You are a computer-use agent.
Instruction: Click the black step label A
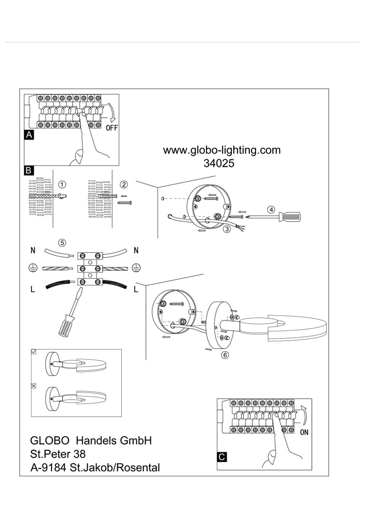pyautogui.click(x=29, y=135)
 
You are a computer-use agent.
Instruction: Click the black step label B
pyautogui.click(x=28, y=170)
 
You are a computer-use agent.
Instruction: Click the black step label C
pyautogui.click(x=222, y=457)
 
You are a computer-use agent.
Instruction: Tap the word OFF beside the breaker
pyautogui.click(x=112, y=128)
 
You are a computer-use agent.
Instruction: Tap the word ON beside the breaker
pyautogui.click(x=305, y=432)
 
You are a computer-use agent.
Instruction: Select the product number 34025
pyautogui.click(x=219, y=163)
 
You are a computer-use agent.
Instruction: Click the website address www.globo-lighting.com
pyautogui.click(x=222, y=150)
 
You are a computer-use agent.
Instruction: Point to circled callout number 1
pyautogui.click(x=62, y=185)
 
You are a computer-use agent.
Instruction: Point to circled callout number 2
pyautogui.click(x=124, y=185)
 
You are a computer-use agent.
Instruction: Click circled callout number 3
pyautogui.click(x=227, y=229)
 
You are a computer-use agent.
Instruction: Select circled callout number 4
pyautogui.click(x=271, y=210)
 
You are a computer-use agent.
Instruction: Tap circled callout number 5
pyautogui.click(x=62, y=243)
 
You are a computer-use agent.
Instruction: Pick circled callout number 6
pyautogui.click(x=225, y=355)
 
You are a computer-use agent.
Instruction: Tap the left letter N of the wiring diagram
pyautogui.click(x=33, y=251)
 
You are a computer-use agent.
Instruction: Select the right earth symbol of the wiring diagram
pyautogui.click(x=136, y=268)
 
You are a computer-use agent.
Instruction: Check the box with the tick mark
pyautogui.click(x=34, y=352)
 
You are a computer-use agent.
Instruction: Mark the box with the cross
pyautogui.click(x=34, y=386)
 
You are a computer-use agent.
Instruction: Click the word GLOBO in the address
pyautogui.click(x=50, y=440)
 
